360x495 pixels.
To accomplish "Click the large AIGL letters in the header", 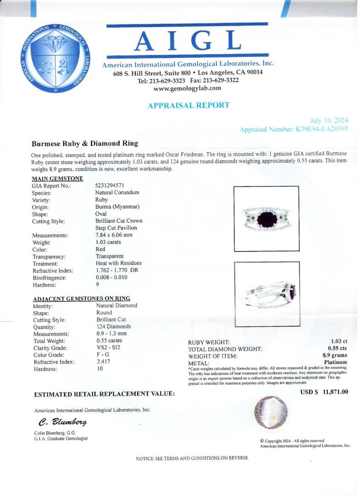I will pyautogui.click(x=188, y=42).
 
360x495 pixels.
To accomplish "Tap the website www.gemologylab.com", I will pyautogui.click(x=187, y=88).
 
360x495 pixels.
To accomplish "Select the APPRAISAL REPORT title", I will pyautogui.click(x=188, y=105).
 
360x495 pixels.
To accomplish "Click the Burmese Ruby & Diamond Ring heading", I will pyautogui.click(x=85, y=143).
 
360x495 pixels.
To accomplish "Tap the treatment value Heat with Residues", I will pyautogui.click(x=118, y=263).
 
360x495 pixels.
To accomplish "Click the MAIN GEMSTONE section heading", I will pyautogui.click(x=57, y=178).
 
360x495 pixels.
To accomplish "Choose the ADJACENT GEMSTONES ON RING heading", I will pyautogui.click(x=82, y=298).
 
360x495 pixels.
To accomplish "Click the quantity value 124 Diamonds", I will pyautogui.click(x=113, y=327).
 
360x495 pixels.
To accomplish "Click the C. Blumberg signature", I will pyautogui.click(x=59, y=422).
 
